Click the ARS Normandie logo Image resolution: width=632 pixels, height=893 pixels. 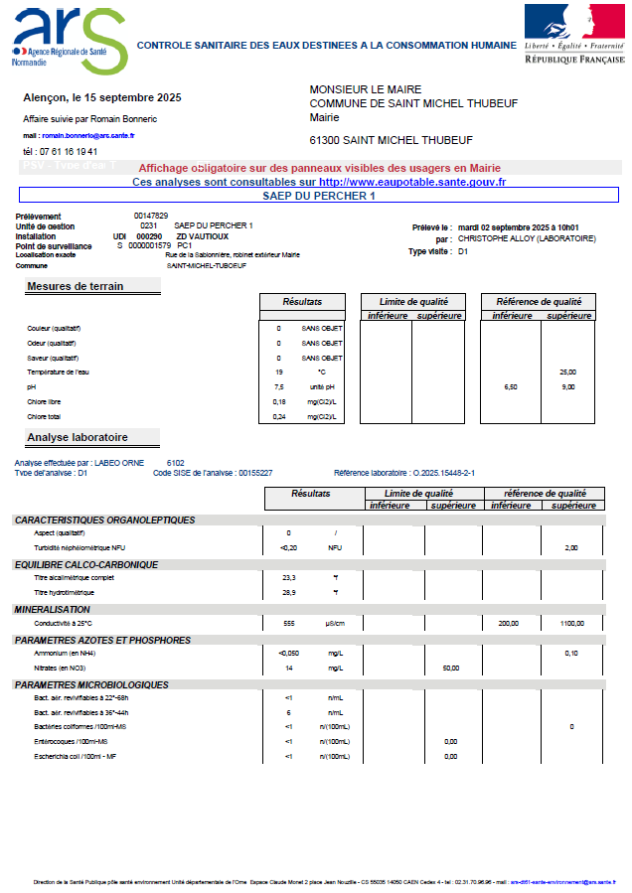point(68,39)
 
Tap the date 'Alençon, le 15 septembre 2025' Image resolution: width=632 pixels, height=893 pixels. point(101,98)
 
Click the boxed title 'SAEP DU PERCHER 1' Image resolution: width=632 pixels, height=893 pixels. point(318,196)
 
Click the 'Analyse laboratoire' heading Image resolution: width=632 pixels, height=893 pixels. point(78,437)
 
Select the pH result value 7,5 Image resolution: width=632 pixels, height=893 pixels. point(279,386)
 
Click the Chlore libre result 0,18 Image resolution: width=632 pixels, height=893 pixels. point(279,401)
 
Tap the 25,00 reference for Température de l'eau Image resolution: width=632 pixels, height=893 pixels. point(568,372)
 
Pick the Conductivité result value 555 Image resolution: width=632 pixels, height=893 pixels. point(289,623)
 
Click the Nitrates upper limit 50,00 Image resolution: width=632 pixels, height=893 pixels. point(450,669)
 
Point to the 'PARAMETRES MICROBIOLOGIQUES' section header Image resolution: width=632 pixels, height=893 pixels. point(90,684)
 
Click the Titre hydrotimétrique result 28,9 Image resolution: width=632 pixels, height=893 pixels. point(289,592)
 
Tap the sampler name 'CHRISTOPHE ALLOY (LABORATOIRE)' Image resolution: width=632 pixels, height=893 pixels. point(527,238)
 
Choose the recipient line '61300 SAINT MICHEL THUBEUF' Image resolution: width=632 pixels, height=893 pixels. point(391,140)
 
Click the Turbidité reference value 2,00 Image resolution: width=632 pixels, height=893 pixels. point(571,547)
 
